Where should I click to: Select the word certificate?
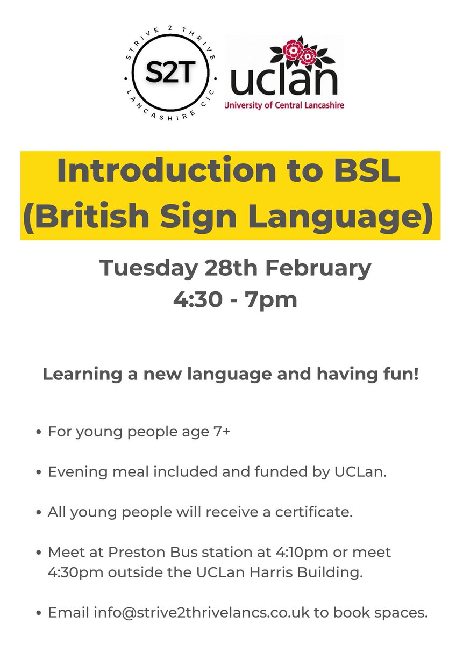314,512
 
